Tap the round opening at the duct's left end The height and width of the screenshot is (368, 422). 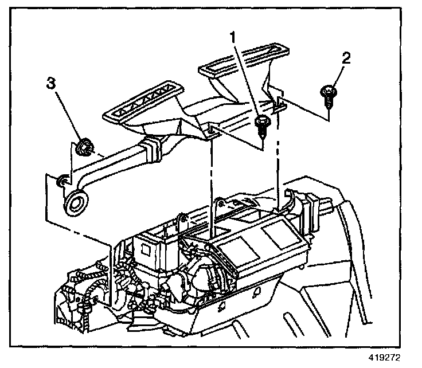click(75, 202)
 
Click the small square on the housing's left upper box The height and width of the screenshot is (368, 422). click(149, 248)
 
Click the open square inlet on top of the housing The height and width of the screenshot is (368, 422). click(198, 232)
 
